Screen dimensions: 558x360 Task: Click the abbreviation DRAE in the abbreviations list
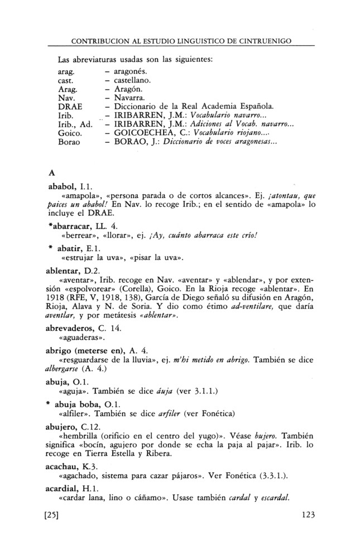[x=70, y=106]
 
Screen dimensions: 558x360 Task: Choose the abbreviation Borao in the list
[x=70, y=143]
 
